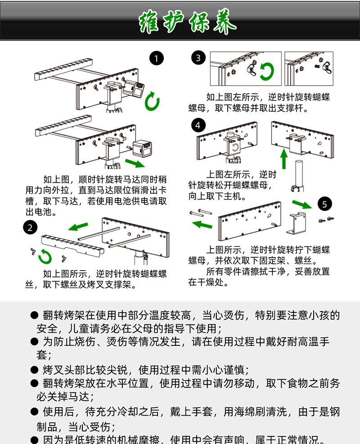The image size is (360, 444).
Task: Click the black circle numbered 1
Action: coord(156,59)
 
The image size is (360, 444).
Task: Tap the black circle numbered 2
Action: coord(30,227)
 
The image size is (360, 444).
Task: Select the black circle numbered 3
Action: coord(198,58)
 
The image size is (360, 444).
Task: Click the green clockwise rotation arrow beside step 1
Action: coord(152,102)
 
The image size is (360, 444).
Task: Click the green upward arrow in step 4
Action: coord(283,159)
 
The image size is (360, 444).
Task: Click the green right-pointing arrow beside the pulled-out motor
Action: coord(135,163)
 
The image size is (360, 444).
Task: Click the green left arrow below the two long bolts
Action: coord(202,224)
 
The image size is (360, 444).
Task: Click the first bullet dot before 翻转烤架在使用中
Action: coord(34,315)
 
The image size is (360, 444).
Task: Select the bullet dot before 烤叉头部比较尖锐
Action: coord(34,370)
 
